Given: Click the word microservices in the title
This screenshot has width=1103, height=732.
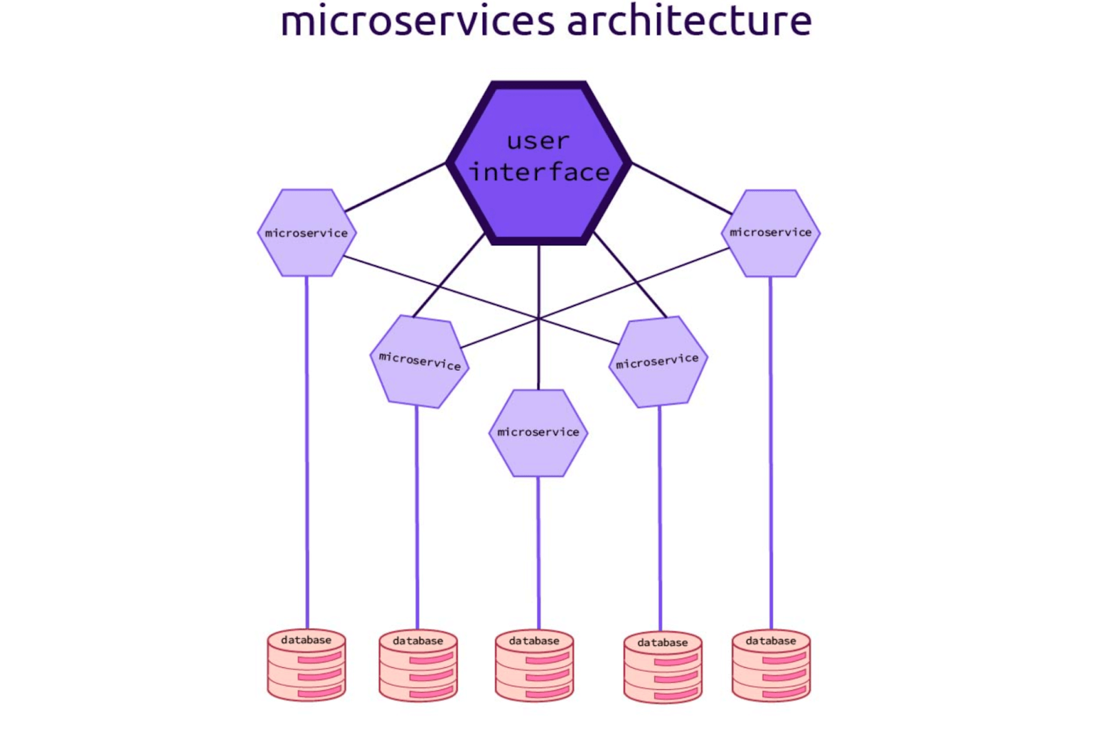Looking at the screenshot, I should coord(417,21).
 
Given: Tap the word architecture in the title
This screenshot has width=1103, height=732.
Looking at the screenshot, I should coord(689,21).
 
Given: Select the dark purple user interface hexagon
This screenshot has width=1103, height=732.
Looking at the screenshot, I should coord(538,207).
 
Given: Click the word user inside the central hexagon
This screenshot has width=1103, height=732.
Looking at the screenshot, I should coord(538,141).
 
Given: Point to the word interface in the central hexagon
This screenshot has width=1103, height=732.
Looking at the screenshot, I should coord(539,172).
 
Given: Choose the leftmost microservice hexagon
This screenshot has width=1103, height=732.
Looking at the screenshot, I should coord(307,233).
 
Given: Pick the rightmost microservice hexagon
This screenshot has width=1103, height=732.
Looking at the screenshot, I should coord(771,233).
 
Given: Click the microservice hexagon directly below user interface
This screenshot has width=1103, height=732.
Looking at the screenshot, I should coord(538,433).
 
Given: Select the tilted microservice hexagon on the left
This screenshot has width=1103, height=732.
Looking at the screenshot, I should coord(419,362).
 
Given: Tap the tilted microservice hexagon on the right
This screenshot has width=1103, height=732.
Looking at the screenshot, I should coord(658,362).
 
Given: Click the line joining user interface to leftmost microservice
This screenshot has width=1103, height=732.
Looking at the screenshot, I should coord(396,187).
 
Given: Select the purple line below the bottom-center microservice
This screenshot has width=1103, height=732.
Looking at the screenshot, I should coord(538,551).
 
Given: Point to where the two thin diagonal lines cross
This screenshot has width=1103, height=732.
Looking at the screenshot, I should coord(538,318).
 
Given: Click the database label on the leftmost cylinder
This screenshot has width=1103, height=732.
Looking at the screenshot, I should coord(306,640).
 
